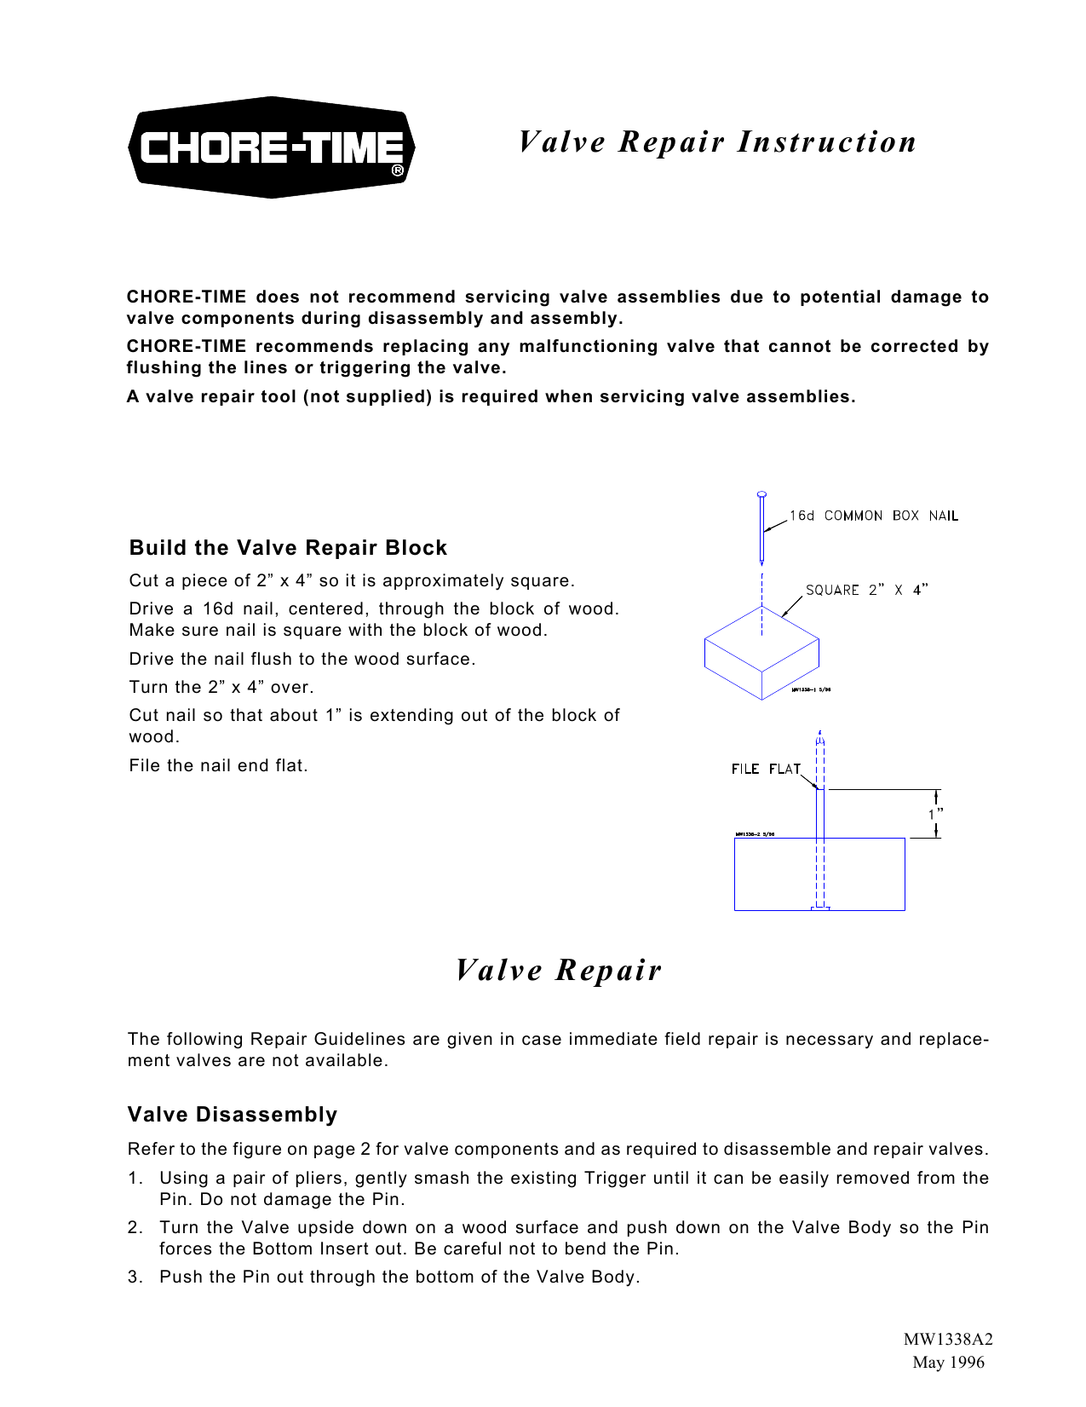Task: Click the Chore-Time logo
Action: (271, 147)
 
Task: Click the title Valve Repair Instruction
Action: (717, 141)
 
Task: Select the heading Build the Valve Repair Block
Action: (288, 548)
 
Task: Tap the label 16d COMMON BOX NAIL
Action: (873, 516)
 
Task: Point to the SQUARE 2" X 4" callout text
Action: (866, 590)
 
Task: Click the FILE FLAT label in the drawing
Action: (765, 769)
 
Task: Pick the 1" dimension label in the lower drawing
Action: (934, 814)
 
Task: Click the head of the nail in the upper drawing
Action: (761, 494)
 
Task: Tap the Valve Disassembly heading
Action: (233, 1115)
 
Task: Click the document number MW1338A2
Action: (948, 1339)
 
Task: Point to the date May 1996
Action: (948, 1362)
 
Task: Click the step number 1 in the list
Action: (135, 1179)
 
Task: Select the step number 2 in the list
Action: (135, 1228)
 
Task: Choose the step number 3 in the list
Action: (135, 1277)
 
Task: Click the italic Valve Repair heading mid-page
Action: (558, 970)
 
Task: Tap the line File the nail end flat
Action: (218, 765)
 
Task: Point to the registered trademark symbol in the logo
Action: (398, 170)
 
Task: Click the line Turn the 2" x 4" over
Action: (221, 687)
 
